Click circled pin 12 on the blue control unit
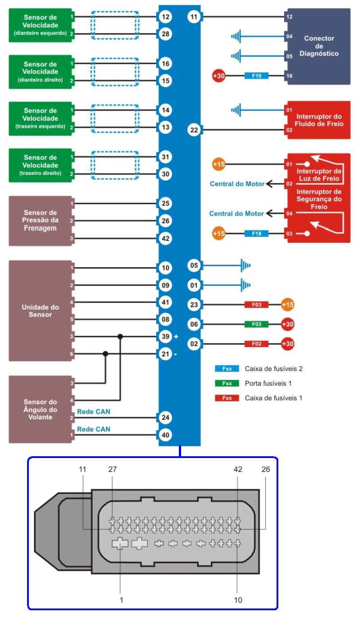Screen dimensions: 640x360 (x=165, y=17)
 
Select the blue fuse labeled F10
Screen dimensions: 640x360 (x=257, y=76)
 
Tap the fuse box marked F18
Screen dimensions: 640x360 (x=257, y=233)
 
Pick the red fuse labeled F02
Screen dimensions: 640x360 (x=257, y=344)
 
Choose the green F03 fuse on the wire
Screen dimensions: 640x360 (x=257, y=324)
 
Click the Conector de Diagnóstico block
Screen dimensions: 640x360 (x=318, y=46)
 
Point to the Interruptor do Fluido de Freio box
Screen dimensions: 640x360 (x=319, y=120)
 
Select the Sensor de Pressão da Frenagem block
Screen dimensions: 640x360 (x=40, y=221)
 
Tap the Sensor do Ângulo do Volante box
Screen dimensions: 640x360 (x=40, y=409)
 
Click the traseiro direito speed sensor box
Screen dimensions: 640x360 (x=40, y=165)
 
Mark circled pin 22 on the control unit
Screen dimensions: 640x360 (x=194, y=130)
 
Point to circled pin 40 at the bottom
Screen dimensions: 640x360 (x=165, y=435)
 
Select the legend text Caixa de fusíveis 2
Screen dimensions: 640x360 (x=273, y=368)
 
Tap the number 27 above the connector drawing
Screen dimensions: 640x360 (x=112, y=469)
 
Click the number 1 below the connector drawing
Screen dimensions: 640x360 (x=121, y=600)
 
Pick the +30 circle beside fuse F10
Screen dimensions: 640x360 (x=219, y=76)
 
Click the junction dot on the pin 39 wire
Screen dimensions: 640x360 (x=120, y=336)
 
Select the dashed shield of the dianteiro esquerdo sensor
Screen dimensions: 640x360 (x=115, y=25)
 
